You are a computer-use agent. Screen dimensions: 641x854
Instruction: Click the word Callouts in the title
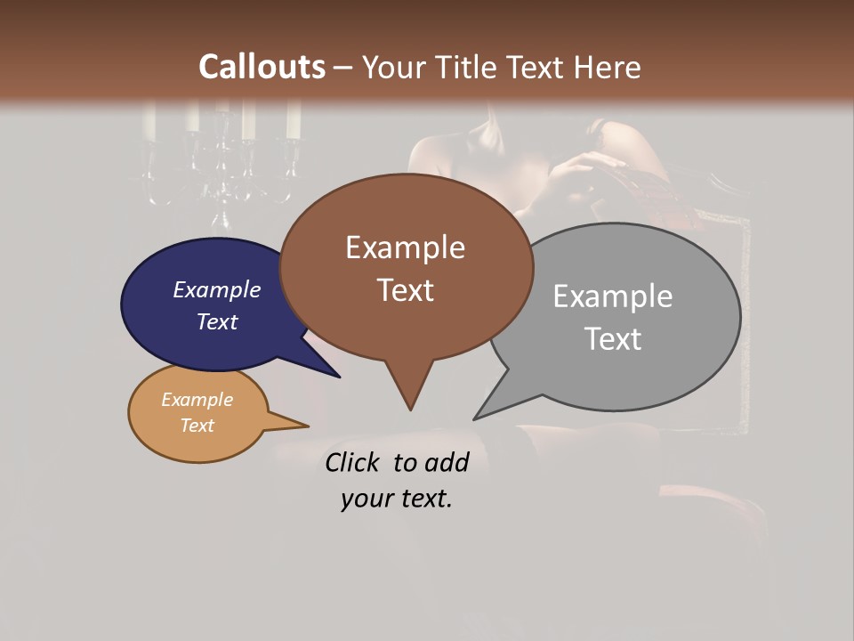click(x=262, y=67)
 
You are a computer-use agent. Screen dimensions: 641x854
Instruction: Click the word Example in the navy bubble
click(x=216, y=290)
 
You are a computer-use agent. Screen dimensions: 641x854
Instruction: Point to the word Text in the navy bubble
click(x=216, y=321)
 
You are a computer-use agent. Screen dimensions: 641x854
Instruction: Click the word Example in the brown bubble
click(x=405, y=247)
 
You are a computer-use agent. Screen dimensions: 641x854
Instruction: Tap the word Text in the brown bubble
click(x=405, y=290)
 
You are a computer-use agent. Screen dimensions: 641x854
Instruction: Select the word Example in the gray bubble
click(x=613, y=296)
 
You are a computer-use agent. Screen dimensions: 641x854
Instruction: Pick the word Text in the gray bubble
click(x=613, y=339)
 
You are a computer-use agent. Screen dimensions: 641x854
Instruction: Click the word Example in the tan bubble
click(x=197, y=400)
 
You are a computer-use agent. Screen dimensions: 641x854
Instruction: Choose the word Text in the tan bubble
click(x=197, y=426)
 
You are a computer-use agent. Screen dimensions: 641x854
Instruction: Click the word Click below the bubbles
click(x=353, y=463)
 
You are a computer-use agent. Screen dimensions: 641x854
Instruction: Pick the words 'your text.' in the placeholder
click(x=396, y=499)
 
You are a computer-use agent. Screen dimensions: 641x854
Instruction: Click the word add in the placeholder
click(x=446, y=463)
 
